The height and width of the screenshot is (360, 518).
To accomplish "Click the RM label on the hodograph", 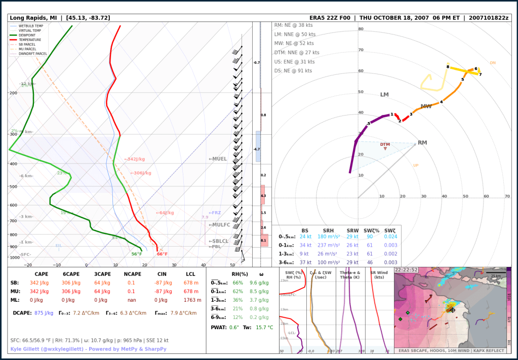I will [x=422, y=143].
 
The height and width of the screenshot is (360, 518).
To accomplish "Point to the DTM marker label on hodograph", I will [x=385, y=144].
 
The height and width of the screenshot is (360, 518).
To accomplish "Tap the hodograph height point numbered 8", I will [x=448, y=67].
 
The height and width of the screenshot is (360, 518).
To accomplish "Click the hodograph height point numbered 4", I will [x=441, y=102].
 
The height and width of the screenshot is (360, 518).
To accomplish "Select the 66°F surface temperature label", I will [x=162, y=254].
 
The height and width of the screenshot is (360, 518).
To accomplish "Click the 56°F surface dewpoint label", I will [x=137, y=254].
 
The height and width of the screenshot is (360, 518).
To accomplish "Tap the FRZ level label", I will [x=215, y=213].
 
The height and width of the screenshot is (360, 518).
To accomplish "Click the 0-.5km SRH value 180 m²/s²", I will [x=332, y=237].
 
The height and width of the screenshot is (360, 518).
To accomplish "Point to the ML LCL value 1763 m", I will [x=190, y=300].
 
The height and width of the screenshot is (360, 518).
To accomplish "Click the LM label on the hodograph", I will [x=384, y=95].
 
